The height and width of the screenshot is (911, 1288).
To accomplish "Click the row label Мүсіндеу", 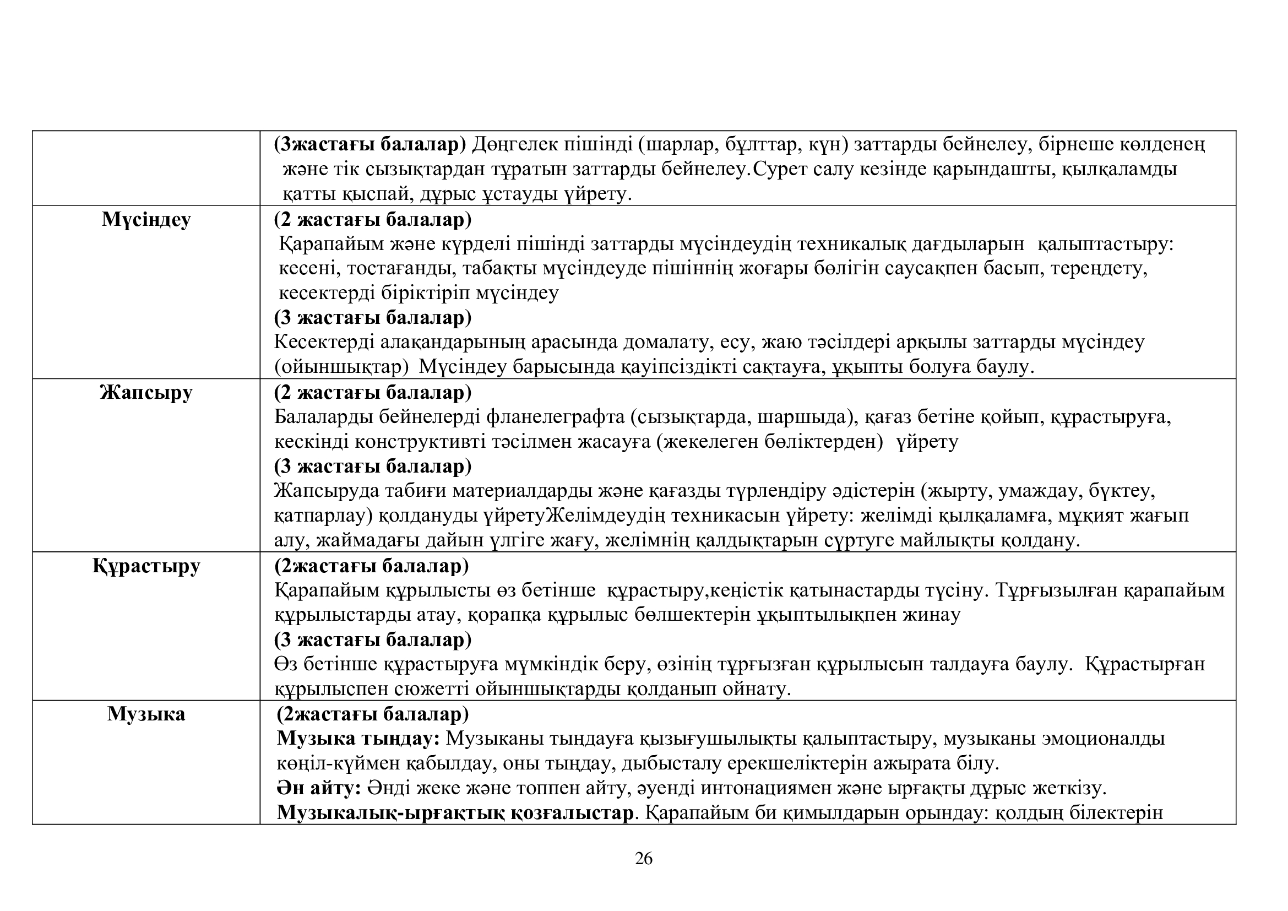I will click(x=146, y=220).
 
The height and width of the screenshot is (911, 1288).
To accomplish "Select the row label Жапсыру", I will click(x=146, y=393).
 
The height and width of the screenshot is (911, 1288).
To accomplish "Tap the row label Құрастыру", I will click(x=146, y=566).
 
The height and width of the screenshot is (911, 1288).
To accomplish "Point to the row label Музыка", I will click(x=146, y=714).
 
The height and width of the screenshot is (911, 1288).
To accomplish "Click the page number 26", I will click(x=643, y=859).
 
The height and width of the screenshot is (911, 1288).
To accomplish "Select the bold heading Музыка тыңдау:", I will click(x=358, y=739).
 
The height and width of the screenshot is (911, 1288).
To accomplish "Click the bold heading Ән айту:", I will click(x=319, y=788).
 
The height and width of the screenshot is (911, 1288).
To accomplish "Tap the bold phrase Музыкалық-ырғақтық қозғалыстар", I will click(x=455, y=813).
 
